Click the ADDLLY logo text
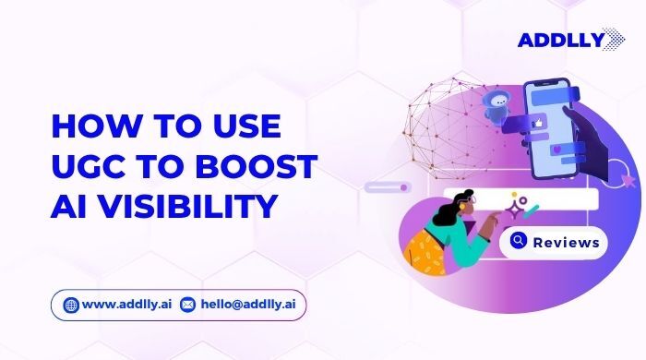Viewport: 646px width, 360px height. [x=556, y=40]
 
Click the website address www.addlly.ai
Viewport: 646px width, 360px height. [x=126, y=304]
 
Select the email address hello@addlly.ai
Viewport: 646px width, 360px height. [x=242, y=304]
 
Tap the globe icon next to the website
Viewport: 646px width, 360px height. [x=72, y=304]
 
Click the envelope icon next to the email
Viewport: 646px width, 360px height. [x=187, y=304]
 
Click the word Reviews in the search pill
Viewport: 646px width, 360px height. [x=566, y=242]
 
